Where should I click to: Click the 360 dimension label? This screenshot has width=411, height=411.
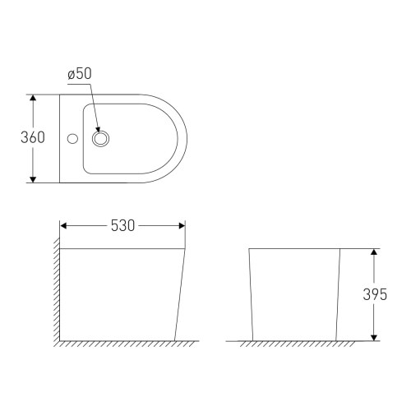[x=32, y=137]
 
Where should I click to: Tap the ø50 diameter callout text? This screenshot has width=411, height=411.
[x=80, y=74]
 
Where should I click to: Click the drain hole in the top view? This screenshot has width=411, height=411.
[x=102, y=137]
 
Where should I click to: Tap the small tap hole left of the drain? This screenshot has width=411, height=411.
[x=72, y=137]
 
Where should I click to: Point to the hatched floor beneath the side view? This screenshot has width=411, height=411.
[x=123, y=343]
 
